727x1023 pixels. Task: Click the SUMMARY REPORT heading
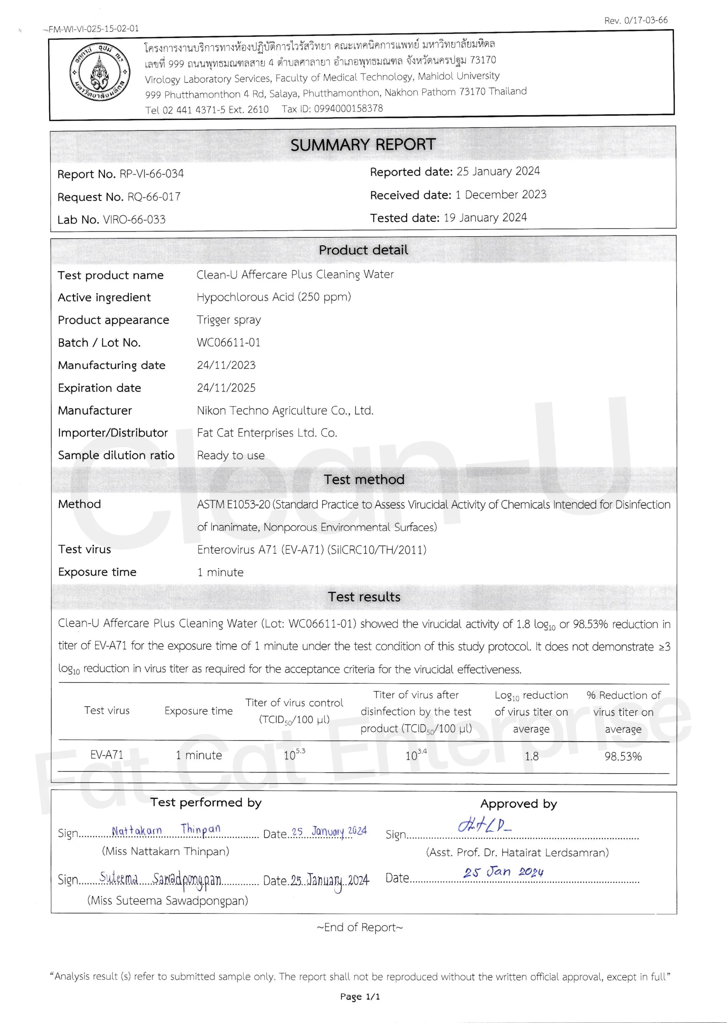click(363, 145)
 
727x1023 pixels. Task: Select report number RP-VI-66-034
click(151, 173)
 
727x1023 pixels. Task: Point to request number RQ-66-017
click(154, 197)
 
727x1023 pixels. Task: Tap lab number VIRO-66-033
click(134, 220)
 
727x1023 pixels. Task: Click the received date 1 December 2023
click(501, 195)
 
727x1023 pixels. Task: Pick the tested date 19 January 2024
click(485, 218)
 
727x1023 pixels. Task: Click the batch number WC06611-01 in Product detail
click(228, 342)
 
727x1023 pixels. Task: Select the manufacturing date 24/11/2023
click(226, 365)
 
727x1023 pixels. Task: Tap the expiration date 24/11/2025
click(226, 388)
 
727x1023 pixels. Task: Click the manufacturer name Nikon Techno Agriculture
click(285, 410)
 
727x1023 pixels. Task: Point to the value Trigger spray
click(228, 320)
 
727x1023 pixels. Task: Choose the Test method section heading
click(363, 480)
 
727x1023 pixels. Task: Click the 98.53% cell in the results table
click(623, 756)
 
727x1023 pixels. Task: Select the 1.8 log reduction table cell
click(531, 756)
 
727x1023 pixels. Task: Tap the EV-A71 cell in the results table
click(106, 755)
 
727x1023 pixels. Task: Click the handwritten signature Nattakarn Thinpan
click(166, 830)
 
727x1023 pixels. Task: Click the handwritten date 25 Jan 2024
click(503, 872)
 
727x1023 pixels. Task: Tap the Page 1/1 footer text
click(360, 997)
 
